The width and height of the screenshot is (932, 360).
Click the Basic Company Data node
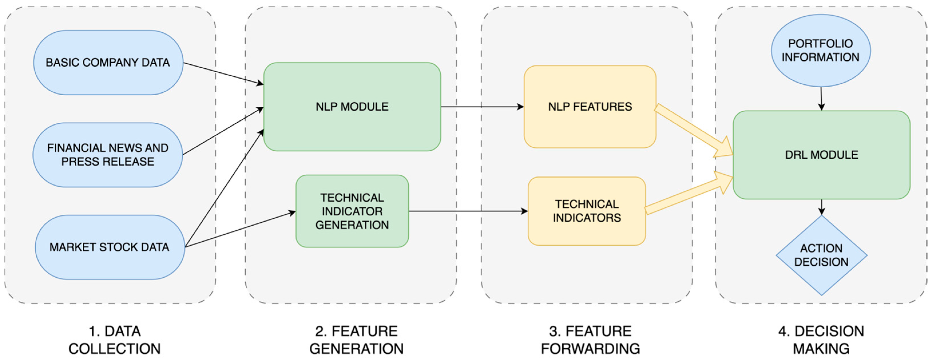tap(108, 63)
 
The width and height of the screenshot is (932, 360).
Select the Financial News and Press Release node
tap(108, 155)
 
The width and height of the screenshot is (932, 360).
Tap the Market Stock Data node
tap(109, 247)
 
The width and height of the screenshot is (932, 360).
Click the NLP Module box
tap(352, 107)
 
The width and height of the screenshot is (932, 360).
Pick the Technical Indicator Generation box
tap(352, 211)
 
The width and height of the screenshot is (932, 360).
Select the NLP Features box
tap(590, 107)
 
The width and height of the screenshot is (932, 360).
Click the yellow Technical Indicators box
tap(587, 211)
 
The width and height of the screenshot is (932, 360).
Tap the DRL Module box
tap(821, 155)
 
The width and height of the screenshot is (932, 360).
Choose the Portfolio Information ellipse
tap(820, 50)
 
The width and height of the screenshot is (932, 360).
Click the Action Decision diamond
tap(821, 255)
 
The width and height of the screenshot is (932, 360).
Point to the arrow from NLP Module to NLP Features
tap(481, 107)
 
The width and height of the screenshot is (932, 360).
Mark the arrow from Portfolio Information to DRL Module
tap(821, 98)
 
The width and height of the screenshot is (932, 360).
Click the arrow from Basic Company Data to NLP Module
tap(222, 73)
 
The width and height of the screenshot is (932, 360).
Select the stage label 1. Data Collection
tap(114, 340)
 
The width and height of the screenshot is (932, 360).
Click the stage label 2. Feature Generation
tap(356, 340)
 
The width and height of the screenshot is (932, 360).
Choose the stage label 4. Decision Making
tap(821, 340)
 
